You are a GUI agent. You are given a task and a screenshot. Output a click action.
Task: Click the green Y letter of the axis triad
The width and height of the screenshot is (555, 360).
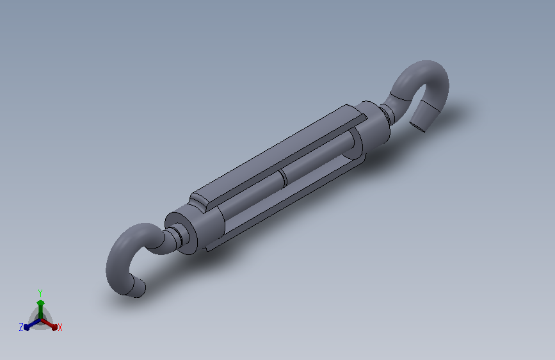(40, 291)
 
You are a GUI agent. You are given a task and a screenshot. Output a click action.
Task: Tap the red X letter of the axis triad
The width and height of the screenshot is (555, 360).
(60, 327)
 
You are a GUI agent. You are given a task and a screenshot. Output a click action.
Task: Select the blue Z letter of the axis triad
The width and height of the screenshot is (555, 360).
(21, 327)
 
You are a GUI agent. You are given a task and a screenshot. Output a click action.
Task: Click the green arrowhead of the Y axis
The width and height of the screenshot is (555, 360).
(40, 302)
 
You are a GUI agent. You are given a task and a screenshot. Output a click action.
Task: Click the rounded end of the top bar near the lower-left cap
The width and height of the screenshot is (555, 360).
(201, 203)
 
